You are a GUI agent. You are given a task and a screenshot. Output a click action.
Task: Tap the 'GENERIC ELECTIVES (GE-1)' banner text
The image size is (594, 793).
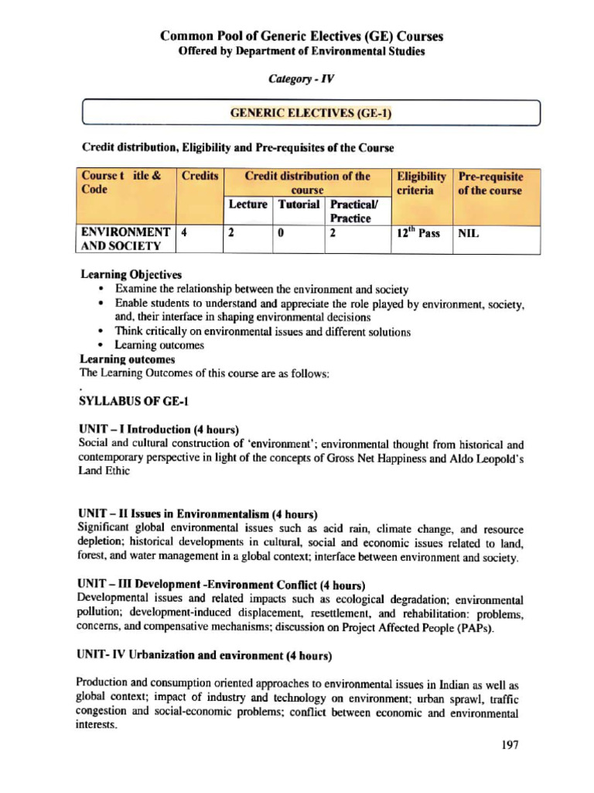coord(311,114)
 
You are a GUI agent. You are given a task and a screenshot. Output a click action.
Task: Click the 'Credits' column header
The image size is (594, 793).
coord(200,177)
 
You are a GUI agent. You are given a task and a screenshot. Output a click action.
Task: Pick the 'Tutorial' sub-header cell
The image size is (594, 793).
coord(298,204)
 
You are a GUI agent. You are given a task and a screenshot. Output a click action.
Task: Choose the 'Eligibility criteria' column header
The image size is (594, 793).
coord(421,184)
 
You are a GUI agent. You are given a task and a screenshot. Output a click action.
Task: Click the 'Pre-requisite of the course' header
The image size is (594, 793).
coord(490,184)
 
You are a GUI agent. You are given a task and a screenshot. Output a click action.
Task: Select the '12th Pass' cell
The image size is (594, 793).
coord(418,232)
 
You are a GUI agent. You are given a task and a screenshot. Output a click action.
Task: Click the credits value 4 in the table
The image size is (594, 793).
coord(183,232)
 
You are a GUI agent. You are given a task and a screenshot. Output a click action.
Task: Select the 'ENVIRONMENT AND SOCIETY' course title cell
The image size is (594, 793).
coord(126,239)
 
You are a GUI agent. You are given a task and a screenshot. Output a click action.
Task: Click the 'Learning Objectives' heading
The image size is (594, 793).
coord(131,274)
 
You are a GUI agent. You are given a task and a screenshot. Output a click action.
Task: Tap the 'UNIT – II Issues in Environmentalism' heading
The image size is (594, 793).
coord(198,513)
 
